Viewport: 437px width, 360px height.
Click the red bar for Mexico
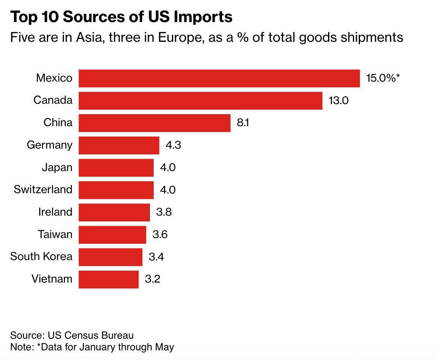(219, 78)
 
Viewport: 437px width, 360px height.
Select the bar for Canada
(200, 101)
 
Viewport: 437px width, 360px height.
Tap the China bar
(154, 123)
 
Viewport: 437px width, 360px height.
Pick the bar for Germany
(119, 145)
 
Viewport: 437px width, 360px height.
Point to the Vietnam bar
(108, 279)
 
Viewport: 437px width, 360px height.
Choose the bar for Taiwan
(112, 235)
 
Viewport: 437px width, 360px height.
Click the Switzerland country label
(43, 189)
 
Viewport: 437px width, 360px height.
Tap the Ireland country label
(55, 212)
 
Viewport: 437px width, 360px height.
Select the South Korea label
(41, 256)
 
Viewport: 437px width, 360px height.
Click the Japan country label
(57, 167)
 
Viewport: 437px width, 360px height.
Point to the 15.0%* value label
(383, 78)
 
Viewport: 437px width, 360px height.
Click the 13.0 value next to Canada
(339, 101)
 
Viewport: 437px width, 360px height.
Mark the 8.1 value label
(243, 123)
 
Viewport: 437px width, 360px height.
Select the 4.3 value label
(173, 145)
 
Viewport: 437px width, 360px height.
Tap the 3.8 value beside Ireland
(164, 212)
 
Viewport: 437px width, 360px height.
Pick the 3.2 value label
(152, 279)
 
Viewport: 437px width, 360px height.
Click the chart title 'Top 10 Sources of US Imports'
(121, 17)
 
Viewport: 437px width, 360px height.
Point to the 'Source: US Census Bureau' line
(72, 335)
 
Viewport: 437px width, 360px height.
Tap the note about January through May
(92, 347)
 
